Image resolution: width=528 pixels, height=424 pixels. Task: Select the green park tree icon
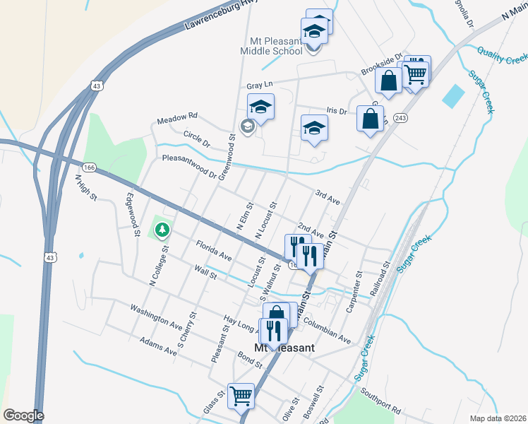162,230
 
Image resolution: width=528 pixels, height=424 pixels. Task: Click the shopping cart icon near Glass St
241,396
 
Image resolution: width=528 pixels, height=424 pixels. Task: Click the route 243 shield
400,117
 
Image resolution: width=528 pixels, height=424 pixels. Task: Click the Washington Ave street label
156,317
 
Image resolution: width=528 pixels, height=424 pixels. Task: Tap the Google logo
23,416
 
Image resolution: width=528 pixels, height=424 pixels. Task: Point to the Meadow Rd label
177,116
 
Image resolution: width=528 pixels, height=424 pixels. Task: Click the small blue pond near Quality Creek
453,95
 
